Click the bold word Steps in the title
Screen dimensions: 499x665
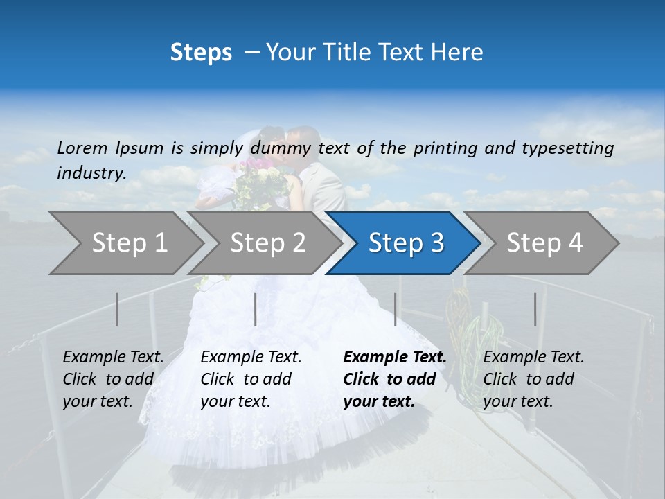coord(201,53)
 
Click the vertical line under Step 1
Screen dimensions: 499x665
coord(117,309)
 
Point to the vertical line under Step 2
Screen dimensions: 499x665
coord(256,309)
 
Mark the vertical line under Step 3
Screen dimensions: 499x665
coord(395,309)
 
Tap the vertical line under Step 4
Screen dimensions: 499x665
coord(535,309)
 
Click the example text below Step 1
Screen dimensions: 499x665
coord(113,379)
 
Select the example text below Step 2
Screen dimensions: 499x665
coord(251,379)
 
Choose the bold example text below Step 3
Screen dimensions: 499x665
coord(394,379)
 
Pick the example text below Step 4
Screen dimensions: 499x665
coord(533,379)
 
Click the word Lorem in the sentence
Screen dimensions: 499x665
coord(82,148)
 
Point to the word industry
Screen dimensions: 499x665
coord(91,173)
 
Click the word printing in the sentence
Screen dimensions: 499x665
coord(438,148)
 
